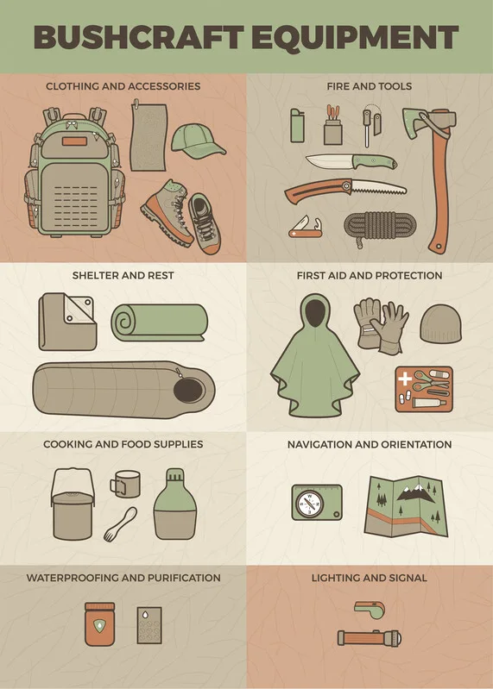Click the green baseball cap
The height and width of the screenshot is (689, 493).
[197, 141]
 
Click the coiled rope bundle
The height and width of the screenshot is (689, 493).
[379, 226]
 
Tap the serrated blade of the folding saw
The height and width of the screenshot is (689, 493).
[378, 189]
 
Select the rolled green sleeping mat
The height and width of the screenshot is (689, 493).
[159, 323]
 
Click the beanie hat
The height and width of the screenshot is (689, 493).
[440, 324]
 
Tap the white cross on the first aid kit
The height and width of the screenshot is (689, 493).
[404, 378]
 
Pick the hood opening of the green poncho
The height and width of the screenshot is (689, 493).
[315, 312]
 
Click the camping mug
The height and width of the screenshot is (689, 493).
[125, 485]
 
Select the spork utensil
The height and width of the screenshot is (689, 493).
[120, 523]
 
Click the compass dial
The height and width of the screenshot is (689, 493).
[309, 503]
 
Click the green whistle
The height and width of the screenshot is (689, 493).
[370, 610]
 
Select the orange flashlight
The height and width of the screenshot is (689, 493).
[369, 637]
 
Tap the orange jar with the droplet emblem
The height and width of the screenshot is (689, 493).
[100, 624]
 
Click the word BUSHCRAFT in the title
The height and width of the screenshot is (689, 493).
[138, 37]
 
